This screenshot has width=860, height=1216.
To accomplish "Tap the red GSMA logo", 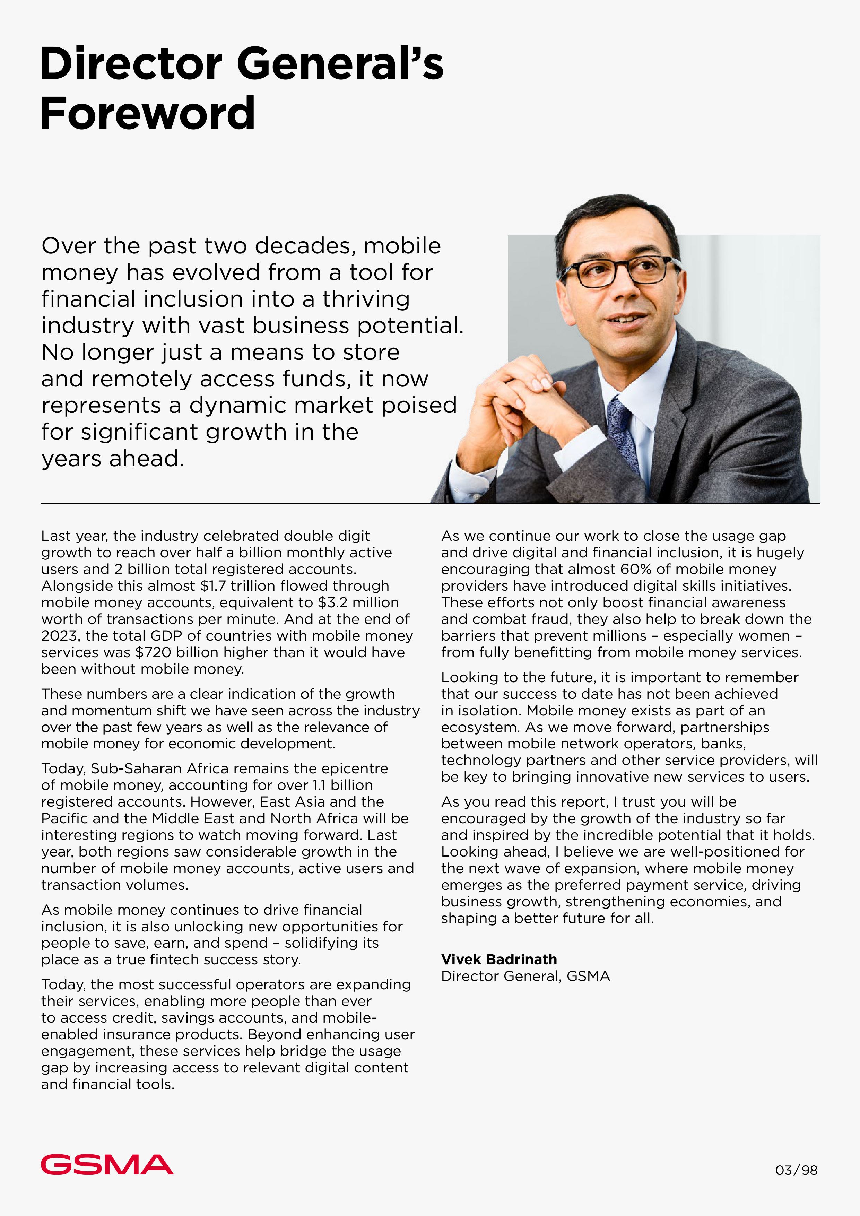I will pos(107,1165).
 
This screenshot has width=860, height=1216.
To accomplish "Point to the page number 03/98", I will pos(796,1170).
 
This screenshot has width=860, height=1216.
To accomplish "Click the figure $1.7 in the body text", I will pos(213,586).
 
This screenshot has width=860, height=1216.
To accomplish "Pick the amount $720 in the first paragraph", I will pos(153,652).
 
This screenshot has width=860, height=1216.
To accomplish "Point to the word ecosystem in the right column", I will pos(480,727).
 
